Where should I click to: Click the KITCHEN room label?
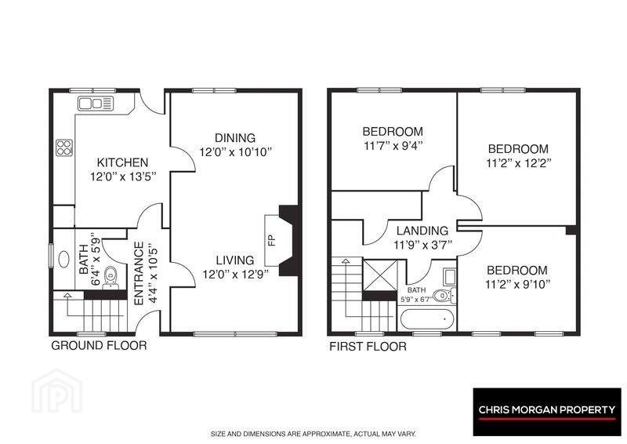pyautogui.click(x=122, y=162)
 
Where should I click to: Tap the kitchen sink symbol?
pyautogui.click(x=96, y=104)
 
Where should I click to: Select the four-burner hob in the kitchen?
pyautogui.click(x=64, y=147)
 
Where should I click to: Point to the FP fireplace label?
pyautogui.click(x=271, y=240)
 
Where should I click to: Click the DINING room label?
pyautogui.click(x=235, y=138)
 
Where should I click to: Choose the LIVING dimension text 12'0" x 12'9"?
pyautogui.click(x=235, y=275)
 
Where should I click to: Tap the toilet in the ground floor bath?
pyautogui.click(x=111, y=277)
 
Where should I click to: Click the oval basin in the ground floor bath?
pyautogui.click(x=64, y=259)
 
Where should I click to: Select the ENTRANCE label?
pyautogui.click(x=139, y=274)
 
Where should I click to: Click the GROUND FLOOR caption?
pyautogui.click(x=99, y=345)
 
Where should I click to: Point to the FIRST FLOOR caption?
pyautogui.click(x=368, y=346)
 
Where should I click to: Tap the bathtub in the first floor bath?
pyautogui.click(x=427, y=319)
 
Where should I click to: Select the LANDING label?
pyautogui.click(x=422, y=231)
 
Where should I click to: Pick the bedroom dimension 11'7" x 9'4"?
pyautogui.click(x=393, y=146)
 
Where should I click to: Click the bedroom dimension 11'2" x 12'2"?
pyautogui.click(x=519, y=163)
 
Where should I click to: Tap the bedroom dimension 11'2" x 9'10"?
pyautogui.click(x=518, y=284)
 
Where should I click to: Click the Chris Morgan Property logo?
pyautogui.click(x=547, y=412)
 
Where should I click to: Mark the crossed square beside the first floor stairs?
pyautogui.click(x=380, y=275)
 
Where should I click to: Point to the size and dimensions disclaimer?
pyautogui.click(x=313, y=434)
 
